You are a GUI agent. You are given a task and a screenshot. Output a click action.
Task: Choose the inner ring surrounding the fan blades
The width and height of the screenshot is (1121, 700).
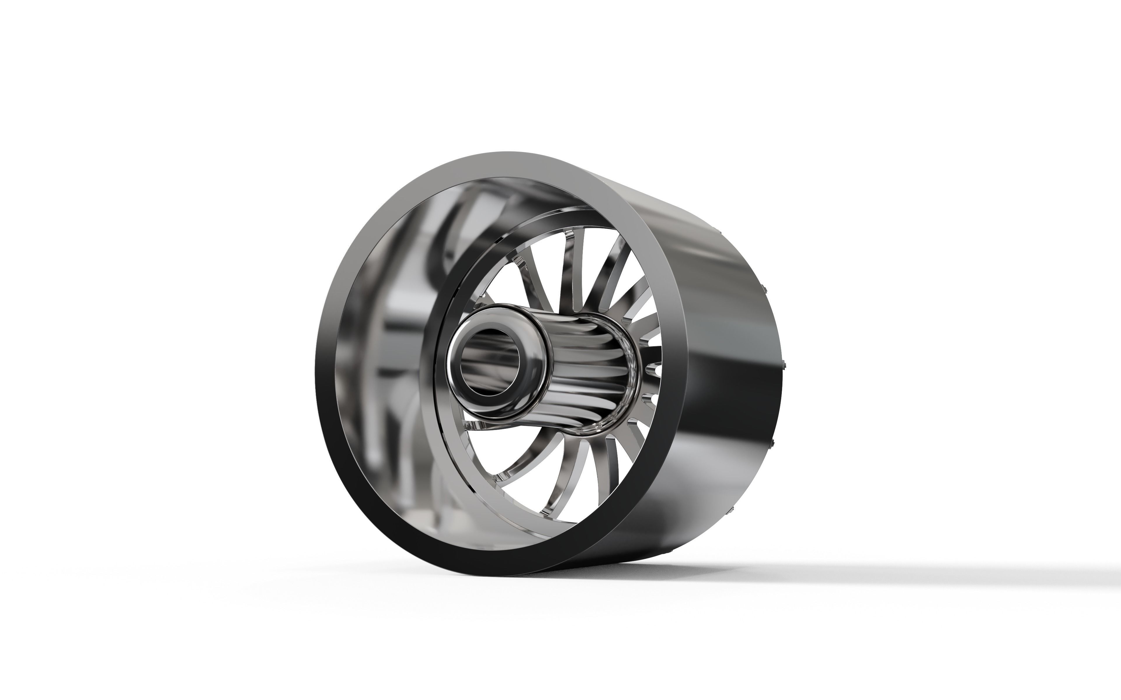tap(440, 440)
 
